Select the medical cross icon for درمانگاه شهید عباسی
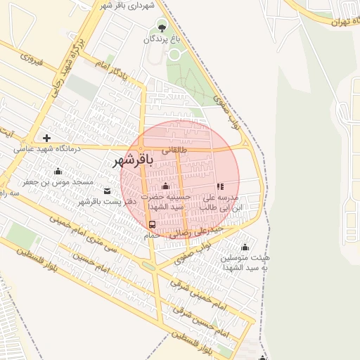(x=46, y=138)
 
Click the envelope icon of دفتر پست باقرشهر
(x=107, y=191)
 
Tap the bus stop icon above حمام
(x=153, y=224)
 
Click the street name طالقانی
(x=175, y=150)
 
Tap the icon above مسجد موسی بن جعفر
(x=58, y=171)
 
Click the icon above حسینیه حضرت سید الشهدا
(x=165, y=186)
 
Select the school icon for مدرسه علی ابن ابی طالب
(x=220, y=187)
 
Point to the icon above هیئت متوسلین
(x=245, y=247)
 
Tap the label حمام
(x=153, y=236)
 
